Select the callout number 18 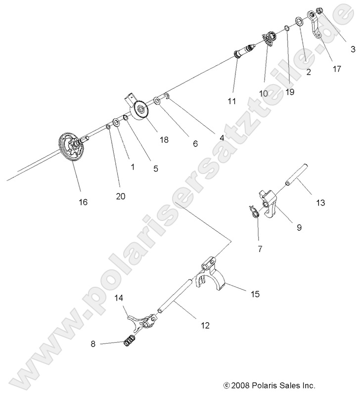click(x=164, y=140)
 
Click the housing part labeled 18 click(x=139, y=109)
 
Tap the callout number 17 click(x=337, y=69)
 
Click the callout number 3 click(x=353, y=49)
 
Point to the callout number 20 click(x=120, y=196)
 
